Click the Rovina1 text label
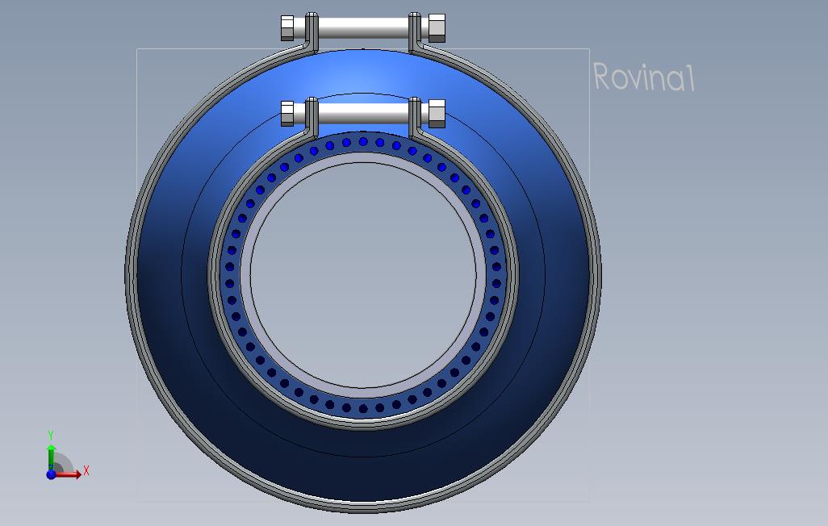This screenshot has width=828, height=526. click(644, 77)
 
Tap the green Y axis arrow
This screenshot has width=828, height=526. click(51, 456)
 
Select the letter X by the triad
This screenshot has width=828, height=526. click(86, 470)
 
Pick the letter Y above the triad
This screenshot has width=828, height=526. click(51, 436)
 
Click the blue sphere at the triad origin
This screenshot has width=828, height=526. click(51, 474)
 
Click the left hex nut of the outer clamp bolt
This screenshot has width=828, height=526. click(287, 28)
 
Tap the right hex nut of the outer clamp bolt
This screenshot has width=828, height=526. click(437, 28)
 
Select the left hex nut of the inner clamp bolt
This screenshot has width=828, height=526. click(287, 114)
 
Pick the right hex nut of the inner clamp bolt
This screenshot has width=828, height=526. click(437, 114)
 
